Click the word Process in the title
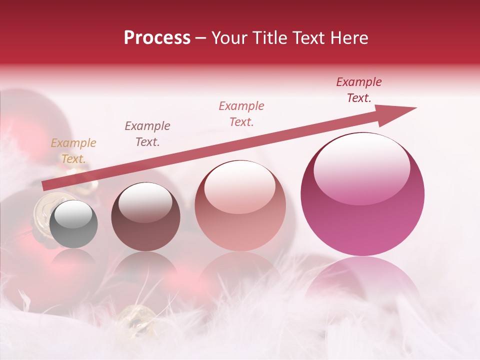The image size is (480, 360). click(x=157, y=38)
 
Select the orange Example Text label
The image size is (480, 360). click(x=73, y=151)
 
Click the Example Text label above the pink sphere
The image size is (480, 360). click(x=359, y=90)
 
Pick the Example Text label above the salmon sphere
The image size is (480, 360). click(x=241, y=114)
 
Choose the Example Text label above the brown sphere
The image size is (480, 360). click(x=147, y=133)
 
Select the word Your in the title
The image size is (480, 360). click(x=228, y=38)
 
